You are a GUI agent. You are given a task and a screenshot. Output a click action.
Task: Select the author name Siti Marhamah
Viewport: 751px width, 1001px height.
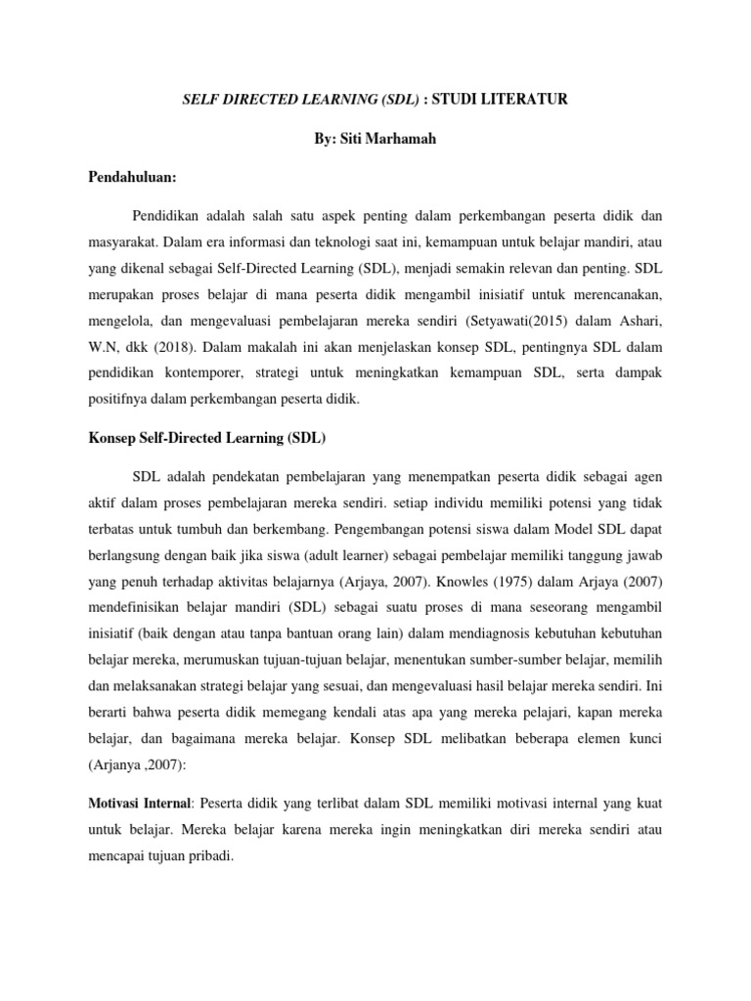[394, 139]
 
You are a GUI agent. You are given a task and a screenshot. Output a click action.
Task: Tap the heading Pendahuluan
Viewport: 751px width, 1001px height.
[131, 180]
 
